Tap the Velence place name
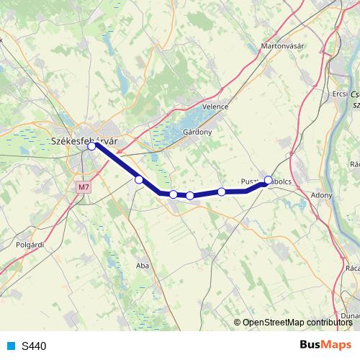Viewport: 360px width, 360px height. (x=215, y=107)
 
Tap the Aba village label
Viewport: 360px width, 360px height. (x=142, y=266)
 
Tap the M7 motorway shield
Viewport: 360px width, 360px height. (x=85, y=187)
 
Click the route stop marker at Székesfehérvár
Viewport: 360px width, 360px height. (x=92, y=146)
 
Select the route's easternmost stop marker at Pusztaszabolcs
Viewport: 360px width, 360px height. (x=269, y=180)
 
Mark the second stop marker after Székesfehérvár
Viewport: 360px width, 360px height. (x=174, y=194)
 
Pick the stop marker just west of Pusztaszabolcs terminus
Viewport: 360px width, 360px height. (x=222, y=192)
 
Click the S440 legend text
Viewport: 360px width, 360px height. (x=34, y=346)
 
